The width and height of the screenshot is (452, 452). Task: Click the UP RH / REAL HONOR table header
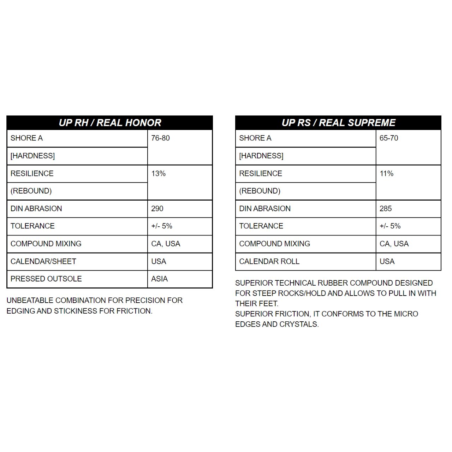[x=110, y=123]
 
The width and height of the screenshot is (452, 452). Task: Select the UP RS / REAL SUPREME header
[x=338, y=123]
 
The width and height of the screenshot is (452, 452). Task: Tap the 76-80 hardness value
[x=160, y=138]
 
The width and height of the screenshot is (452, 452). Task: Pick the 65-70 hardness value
[x=389, y=138]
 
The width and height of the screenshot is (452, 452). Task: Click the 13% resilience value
[x=159, y=173]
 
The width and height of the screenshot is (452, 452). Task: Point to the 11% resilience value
[x=387, y=173]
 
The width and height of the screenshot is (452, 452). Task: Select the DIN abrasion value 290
[x=157, y=208]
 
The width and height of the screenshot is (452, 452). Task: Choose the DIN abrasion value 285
[x=386, y=208]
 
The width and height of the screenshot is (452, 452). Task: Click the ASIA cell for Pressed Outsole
[x=159, y=279]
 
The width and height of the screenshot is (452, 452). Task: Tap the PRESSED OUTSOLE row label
[x=46, y=279]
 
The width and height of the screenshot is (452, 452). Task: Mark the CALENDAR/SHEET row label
[x=43, y=261]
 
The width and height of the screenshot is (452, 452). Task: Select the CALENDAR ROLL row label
[x=269, y=261]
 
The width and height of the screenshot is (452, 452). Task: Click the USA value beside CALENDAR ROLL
[x=387, y=261]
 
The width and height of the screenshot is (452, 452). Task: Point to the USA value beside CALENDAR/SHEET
[x=159, y=261]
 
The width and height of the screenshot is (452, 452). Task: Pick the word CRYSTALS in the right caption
[x=302, y=324]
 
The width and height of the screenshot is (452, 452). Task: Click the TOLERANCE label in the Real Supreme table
[x=261, y=226]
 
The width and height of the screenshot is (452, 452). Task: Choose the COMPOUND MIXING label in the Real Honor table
[x=46, y=244]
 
